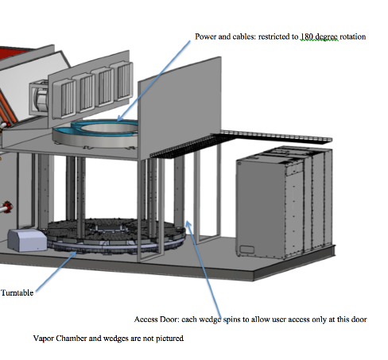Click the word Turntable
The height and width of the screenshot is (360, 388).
click(x=17, y=292)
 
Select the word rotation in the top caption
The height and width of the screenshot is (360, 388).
click(x=353, y=37)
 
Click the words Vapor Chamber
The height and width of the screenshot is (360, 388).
click(x=60, y=339)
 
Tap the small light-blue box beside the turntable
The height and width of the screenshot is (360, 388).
click(x=27, y=240)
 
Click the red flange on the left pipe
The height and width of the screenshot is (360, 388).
click(x=8, y=207)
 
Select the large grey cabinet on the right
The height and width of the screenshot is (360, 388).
click(x=285, y=203)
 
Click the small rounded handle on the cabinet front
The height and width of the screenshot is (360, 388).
click(x=246, y=250)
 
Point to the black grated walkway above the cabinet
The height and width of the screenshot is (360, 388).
click(x=241, y=143)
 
